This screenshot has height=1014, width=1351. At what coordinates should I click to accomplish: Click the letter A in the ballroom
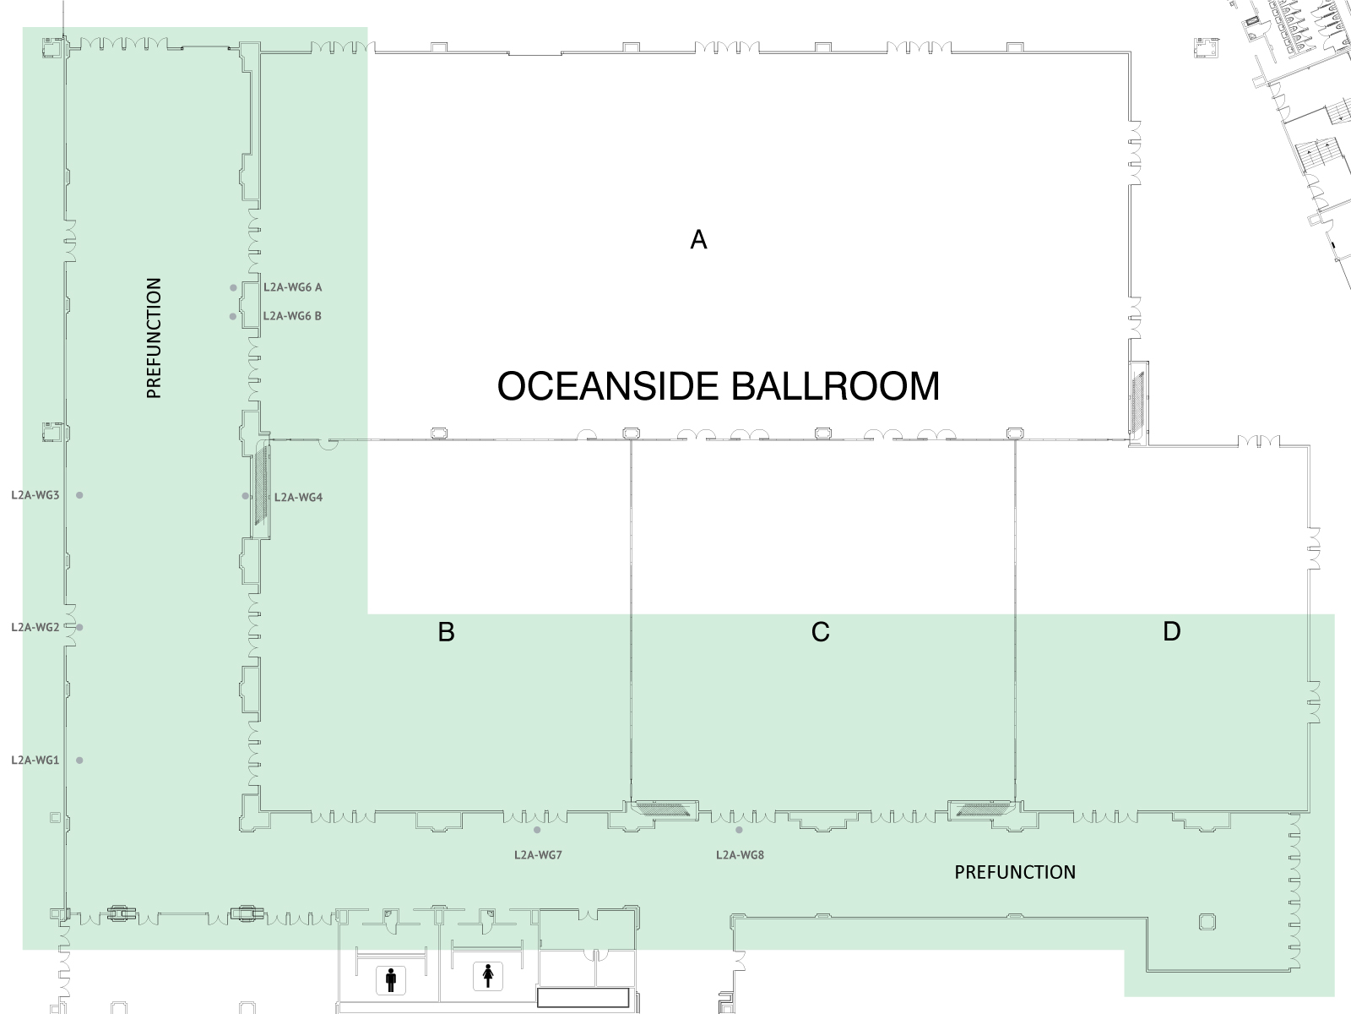(x=698, y=239)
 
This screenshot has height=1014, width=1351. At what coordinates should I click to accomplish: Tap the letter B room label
(x=446, y=632)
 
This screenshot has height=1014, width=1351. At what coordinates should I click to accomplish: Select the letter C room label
(x=821, y=632)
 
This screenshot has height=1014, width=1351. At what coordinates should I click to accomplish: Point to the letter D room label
(x=1172, y=632)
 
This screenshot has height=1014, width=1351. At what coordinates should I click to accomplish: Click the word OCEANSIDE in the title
(x=608, y=387)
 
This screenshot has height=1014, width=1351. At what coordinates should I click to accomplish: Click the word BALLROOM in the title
(x=835, y=387)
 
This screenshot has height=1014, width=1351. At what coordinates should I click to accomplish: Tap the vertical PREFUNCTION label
(x=154, y=338)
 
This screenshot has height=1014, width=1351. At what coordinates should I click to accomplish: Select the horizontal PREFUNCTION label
(x=1015, y=872)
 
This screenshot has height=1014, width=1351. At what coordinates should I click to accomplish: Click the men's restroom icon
(x=391, y=980)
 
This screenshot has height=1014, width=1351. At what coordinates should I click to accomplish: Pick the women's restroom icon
(x=488, y=977)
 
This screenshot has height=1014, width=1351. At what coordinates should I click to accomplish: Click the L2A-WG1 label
(x=35, y=760)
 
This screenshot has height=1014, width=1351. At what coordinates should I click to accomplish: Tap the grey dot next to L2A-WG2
(x=79, y=627)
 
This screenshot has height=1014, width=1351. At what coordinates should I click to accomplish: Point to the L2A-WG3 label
(x=35, y=495)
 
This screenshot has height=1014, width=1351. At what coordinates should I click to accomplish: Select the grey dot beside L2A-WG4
(x=246, y=496)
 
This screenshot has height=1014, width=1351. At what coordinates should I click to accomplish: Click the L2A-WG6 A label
(x=292, y=287)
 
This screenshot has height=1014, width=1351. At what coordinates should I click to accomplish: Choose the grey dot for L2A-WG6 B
(x=233, y=316)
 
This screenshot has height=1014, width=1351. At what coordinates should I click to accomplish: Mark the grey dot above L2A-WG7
(x=537, y=830)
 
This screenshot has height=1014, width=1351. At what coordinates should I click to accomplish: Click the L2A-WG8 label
(x=740, y=855)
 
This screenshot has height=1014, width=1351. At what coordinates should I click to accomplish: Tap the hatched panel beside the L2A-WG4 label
(x=262, y=487)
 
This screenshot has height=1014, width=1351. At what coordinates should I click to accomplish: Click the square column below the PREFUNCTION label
(x=1207, y=922)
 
